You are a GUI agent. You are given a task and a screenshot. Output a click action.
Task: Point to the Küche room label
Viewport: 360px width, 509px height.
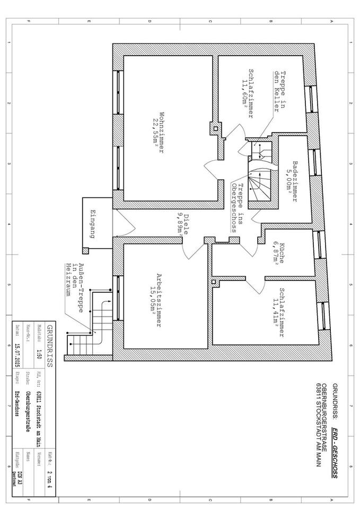tap(283, 253)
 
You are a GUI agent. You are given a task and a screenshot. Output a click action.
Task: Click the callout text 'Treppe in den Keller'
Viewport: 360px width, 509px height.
tap(279, 91)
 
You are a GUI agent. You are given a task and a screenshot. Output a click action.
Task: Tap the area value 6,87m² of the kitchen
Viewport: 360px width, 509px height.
tap(276, 253)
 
